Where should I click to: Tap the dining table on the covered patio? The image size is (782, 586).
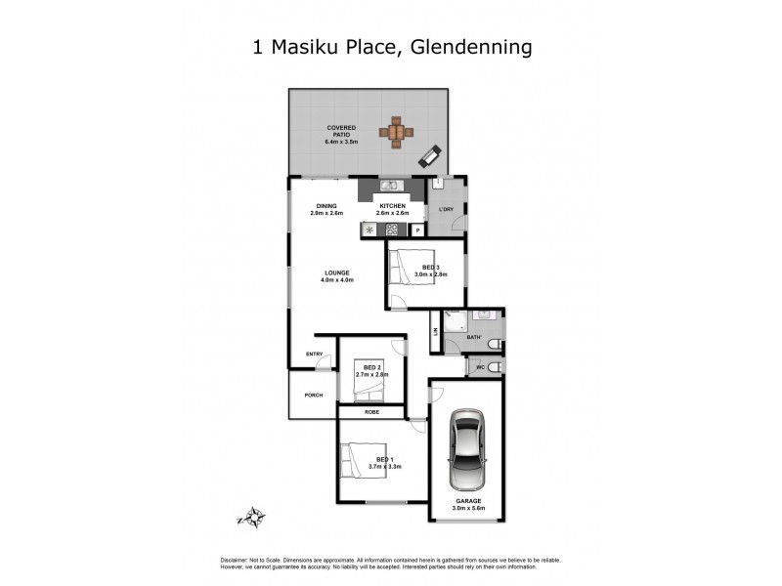click(x=397, y=131)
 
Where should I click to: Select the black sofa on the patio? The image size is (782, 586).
click(x=431, y=154)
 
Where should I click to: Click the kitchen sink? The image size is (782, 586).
click(x=388, y=187)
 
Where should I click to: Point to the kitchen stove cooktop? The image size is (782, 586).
click(x=393, y=230)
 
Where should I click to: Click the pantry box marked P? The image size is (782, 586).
click(x=417, y=230)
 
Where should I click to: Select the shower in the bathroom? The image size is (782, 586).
click(x=455, y=321)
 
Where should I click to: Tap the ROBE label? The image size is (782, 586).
click(x=371, y=412)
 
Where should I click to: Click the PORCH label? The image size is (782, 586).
click(x=313, y=395)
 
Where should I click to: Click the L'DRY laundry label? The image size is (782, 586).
click(x=447, y=210)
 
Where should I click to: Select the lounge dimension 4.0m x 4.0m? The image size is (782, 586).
click(x=335, y=280)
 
